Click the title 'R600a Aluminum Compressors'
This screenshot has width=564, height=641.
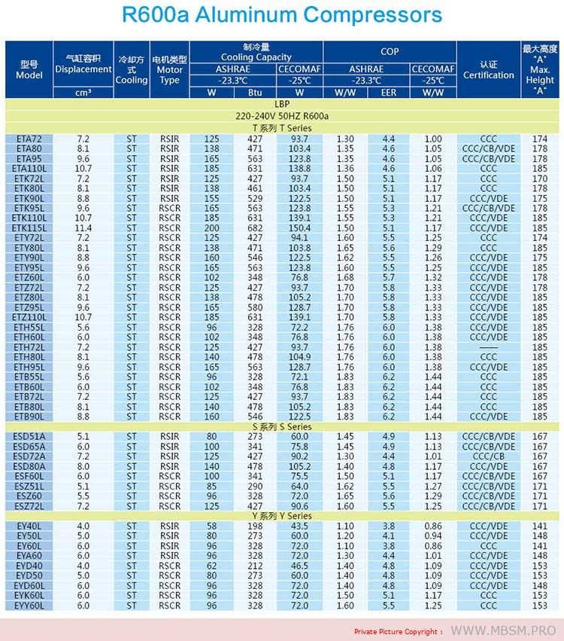(282, 15)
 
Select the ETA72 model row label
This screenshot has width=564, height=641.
(29, 139)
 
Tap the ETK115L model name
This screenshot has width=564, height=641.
(29, 227)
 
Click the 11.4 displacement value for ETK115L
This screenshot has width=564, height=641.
(83, 227)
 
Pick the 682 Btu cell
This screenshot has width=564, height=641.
(255, 227)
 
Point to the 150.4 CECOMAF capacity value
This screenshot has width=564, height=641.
(299, 227)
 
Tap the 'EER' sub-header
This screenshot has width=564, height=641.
(389, 93)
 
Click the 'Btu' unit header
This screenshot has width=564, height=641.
(255, 93)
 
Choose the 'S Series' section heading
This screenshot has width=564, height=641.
(282, 426)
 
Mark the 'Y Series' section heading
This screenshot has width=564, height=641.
(282, 516)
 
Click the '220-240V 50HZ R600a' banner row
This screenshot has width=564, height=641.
(282, 116)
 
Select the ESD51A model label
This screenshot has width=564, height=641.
(29, 436)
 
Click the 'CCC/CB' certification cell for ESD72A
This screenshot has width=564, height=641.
(489, 456)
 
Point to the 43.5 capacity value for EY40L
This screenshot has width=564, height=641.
(299, 526)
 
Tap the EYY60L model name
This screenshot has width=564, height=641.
(29, 605)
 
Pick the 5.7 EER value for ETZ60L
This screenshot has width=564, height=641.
(389, 277)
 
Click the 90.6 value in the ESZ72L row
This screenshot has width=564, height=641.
(299, 506)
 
